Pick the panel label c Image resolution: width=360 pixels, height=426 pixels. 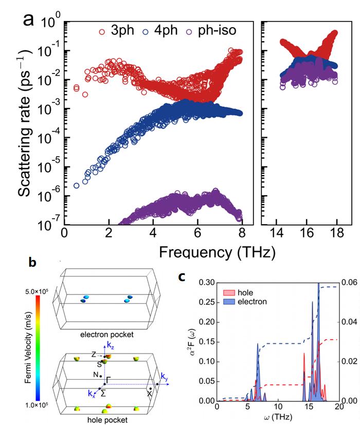tap(181, 276)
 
